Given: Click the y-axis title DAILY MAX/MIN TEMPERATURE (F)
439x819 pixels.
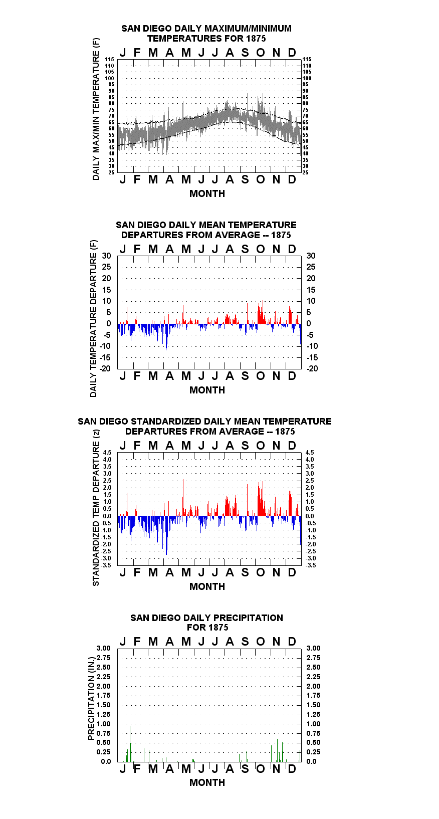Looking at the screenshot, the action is coord(96,109).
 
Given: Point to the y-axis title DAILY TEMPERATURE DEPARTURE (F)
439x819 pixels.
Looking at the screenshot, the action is coord(94,318).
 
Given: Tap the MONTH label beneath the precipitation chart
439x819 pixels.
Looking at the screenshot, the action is coord(207,783).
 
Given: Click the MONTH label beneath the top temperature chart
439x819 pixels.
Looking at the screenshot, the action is coord(207,194).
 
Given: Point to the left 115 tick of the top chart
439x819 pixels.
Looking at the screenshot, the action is coord(110,59).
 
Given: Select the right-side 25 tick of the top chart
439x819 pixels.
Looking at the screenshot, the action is coord(305,172).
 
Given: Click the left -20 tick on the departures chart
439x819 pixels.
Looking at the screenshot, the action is coord(105,368).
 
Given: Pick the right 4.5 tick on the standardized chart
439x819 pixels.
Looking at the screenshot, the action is coord(310,453).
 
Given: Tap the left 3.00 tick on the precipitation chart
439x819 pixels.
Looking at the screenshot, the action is coord(103,648).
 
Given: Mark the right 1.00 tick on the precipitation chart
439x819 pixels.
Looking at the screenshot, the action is coord(313,724).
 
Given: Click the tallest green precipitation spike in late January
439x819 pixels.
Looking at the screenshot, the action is coord(130,743).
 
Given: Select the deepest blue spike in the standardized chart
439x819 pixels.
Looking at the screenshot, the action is coord(166,535).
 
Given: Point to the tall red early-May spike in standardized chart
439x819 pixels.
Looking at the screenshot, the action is coord(183,498).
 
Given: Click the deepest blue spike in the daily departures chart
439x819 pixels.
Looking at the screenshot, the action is coord(166,337).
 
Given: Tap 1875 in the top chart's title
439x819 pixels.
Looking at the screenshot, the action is coord(256,39).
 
